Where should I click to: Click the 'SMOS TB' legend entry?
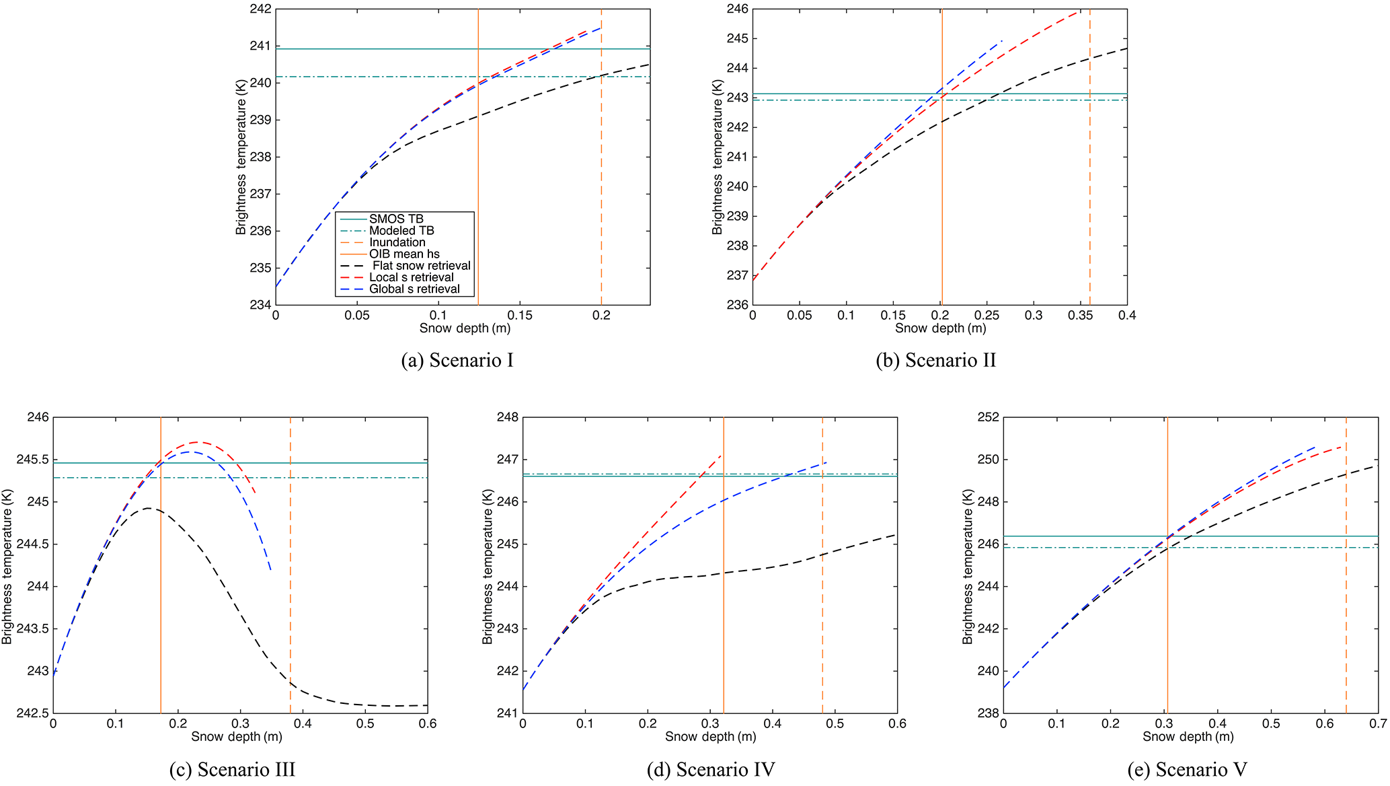coord(396,219)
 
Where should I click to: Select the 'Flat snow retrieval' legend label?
coord(422,266)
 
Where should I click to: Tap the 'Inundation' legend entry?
coord(397,242)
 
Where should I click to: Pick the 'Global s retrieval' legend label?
coord(414,289)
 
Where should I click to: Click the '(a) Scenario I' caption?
coord(457,361)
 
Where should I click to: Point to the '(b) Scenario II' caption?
coord(935,361)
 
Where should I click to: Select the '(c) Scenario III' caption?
coord(233,770)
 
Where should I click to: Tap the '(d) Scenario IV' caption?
coord(711,770)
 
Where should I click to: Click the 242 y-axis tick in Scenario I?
coord(260,9)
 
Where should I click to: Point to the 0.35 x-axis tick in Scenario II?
coord(1080,316)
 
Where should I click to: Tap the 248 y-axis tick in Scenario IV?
coord(508,418)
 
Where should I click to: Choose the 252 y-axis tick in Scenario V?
coord(988,418)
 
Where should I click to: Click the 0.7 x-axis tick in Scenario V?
coord(1378,724)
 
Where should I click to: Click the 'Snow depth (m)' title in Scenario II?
coord(940,328)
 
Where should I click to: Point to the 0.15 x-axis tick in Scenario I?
coord(520,316)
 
